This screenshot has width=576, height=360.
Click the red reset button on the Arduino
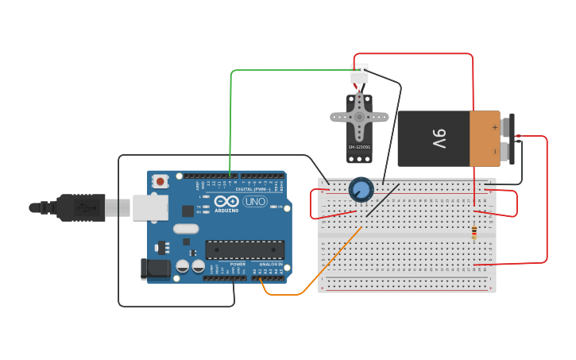pos(160,181)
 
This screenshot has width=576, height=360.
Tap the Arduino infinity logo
pos(226,200)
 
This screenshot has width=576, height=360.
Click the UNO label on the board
pos(255,201)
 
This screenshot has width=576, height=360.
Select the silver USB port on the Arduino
pos(149,207)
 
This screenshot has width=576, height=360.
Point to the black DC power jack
pos(156,269)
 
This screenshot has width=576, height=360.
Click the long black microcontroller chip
pos(245,250)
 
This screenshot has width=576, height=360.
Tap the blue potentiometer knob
pos(361,189)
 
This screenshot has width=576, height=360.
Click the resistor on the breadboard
pos(474,232)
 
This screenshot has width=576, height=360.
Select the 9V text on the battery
pos(439,138)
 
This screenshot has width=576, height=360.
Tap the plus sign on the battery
pos(494,126)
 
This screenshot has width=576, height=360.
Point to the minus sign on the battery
pos(494,150)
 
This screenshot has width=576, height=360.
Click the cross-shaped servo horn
pos(359,117)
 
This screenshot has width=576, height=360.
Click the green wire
pos(231,119)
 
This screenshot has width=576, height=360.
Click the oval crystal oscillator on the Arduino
pos(185,229)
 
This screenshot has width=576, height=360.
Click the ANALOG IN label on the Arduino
pos(270,264)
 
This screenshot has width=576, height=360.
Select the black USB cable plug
pos(80,207)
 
